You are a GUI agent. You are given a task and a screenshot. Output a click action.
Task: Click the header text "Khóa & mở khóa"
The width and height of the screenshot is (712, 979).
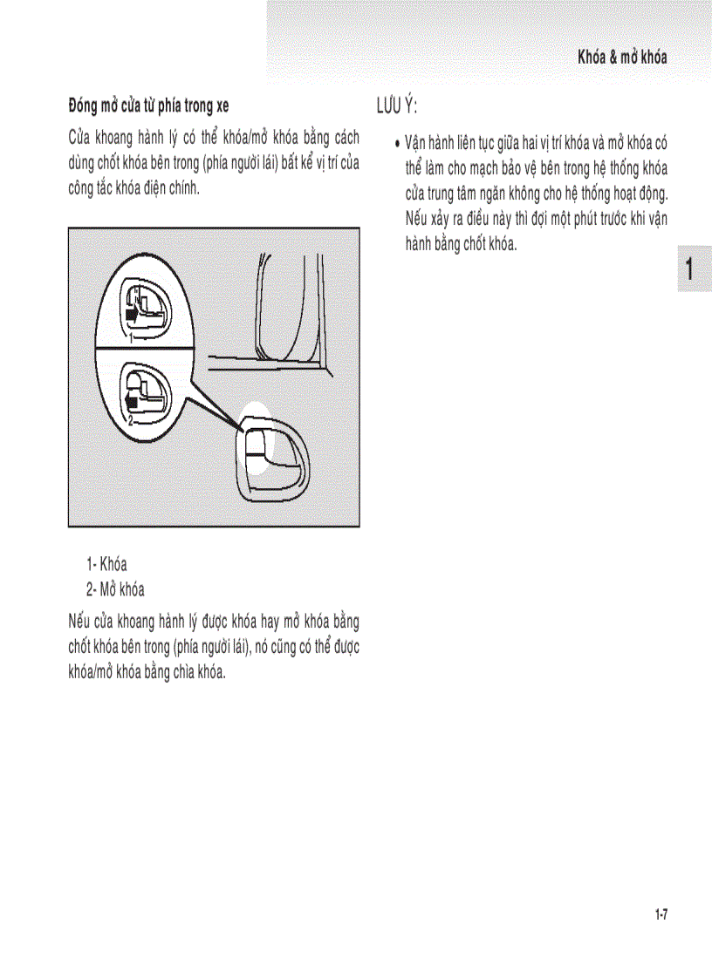[x=621, y=58]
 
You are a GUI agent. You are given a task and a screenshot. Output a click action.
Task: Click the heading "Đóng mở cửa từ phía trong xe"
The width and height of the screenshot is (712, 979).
[x=148, y=106]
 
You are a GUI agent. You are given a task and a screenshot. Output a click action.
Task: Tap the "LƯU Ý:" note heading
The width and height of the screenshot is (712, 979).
[x=396, y=106]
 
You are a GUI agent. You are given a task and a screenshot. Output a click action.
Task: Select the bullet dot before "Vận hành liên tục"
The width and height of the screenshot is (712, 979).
[x=397, y=144]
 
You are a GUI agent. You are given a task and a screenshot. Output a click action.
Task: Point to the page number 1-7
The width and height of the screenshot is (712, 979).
[x=661, y=914]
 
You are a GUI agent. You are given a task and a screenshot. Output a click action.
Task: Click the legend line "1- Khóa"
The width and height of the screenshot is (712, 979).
[x=106, y=565]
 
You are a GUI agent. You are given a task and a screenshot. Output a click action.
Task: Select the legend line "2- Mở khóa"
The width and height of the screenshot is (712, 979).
[x=115, y=589]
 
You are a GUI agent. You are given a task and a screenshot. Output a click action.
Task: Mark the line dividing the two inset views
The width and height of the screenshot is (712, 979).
[x=140, y=347]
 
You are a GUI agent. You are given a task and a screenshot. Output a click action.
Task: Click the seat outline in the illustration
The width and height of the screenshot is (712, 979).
[x=292, y=314]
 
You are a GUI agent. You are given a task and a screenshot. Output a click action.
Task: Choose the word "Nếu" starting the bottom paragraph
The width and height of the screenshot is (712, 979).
[x=78, y=622]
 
